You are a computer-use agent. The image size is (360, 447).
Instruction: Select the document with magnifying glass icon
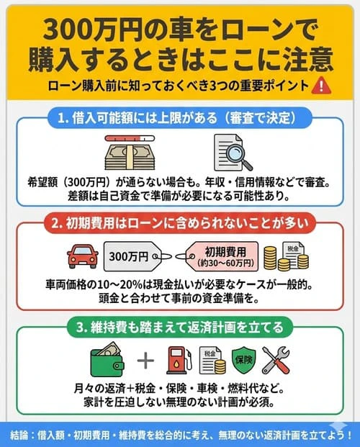pyautogui.click(x=230, y=152)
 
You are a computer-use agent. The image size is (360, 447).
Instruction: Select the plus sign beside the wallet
pyautogui.click(x=145, y=360)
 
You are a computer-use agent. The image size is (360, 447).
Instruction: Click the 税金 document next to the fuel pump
pyautogui.click(x=210, y=360)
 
